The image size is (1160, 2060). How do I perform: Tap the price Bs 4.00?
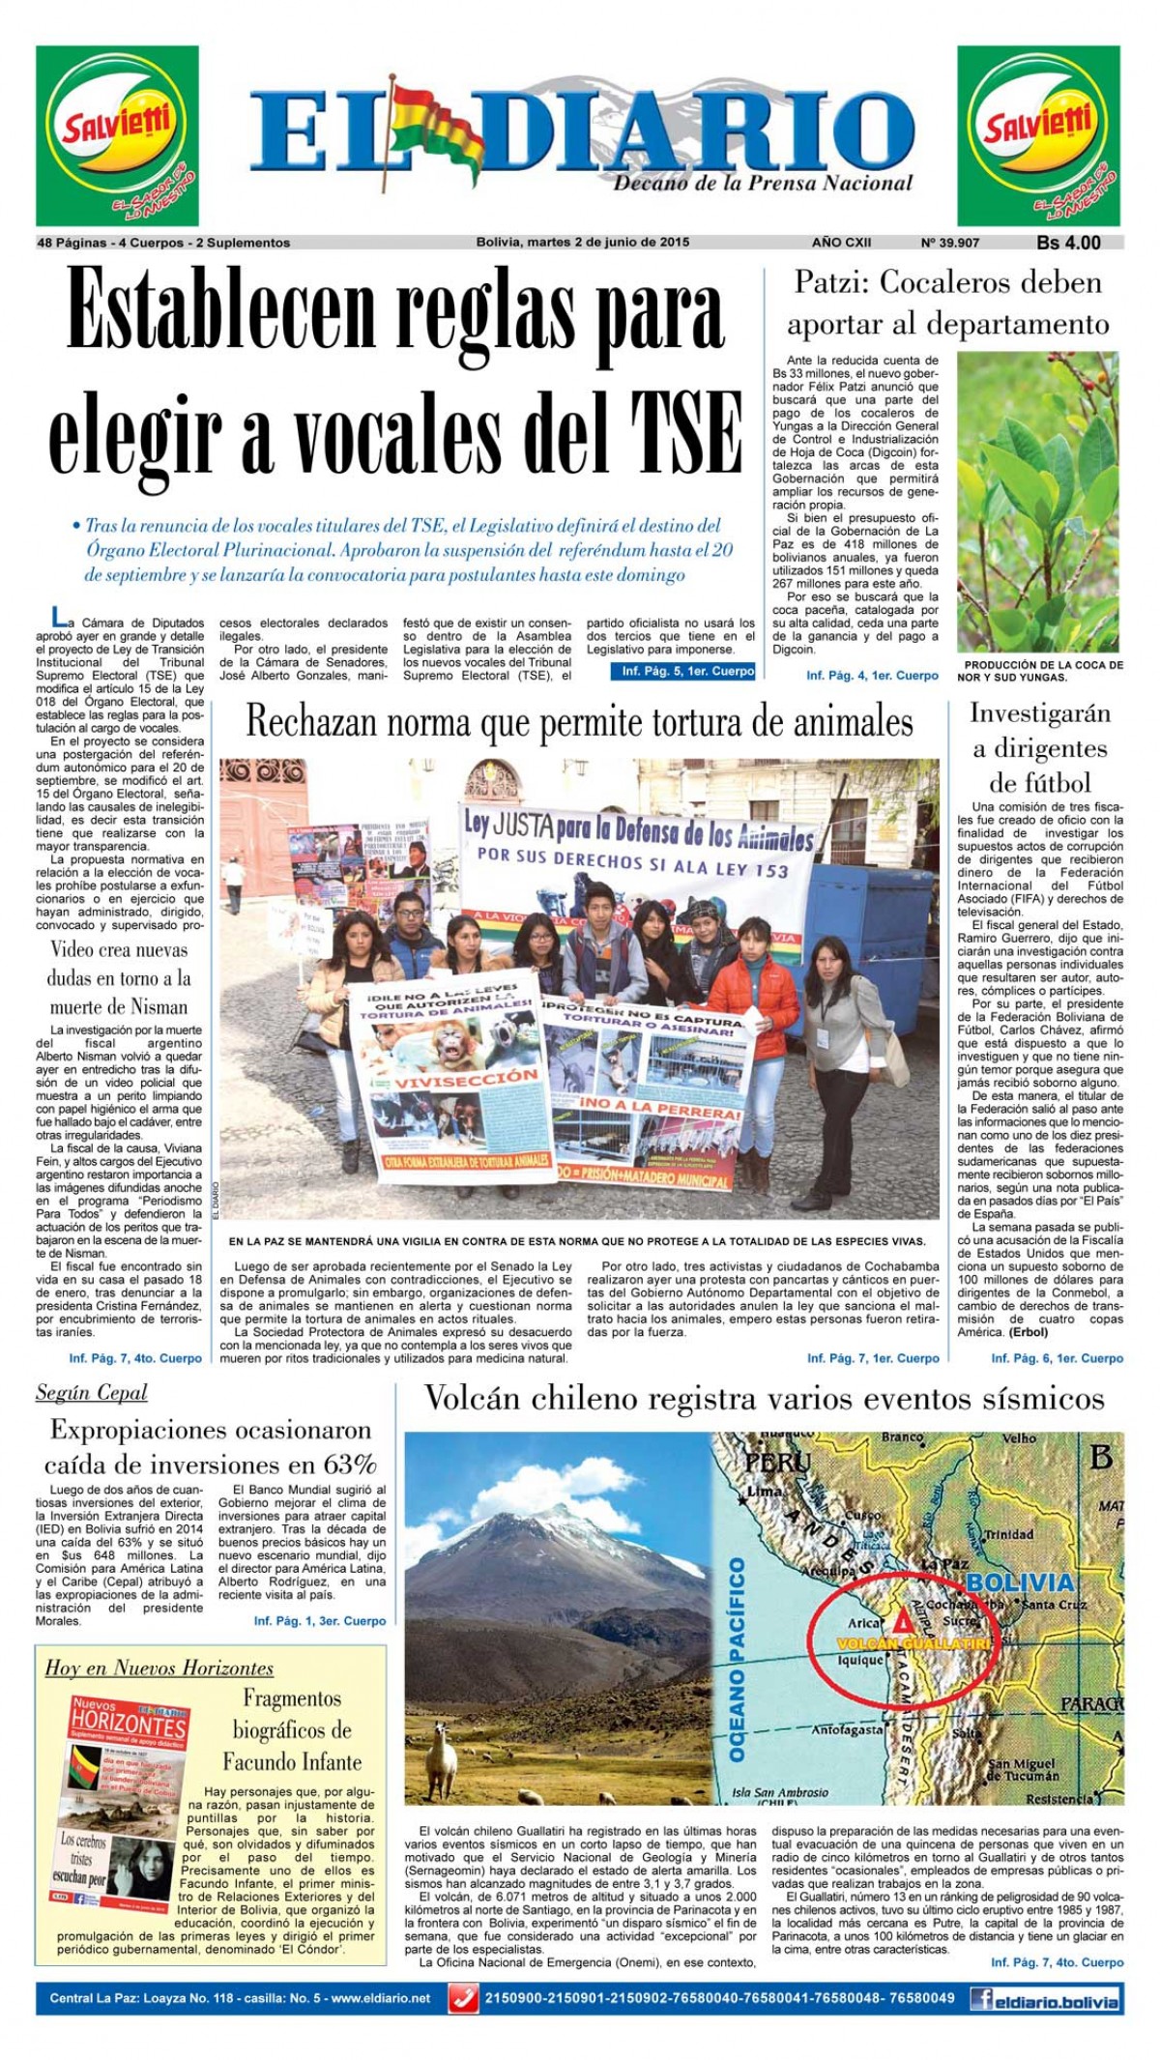pyautogui.click(x=1068, y=243)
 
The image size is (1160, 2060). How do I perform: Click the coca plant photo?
pyautogui.click(x=1039, y=502)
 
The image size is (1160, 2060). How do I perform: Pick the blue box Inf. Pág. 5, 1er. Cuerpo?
pyautogui.click(x=682, y=671)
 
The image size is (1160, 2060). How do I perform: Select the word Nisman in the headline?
pyautogui.click(x=147, y=1006)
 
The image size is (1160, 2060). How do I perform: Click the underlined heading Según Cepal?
pyautogui.click(x=92, y=1392)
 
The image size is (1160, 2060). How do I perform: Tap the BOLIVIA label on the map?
pyautogui.click(x=1020, y=1582)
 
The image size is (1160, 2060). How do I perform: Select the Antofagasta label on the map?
pyautogui.click(x=848, y=1730)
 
